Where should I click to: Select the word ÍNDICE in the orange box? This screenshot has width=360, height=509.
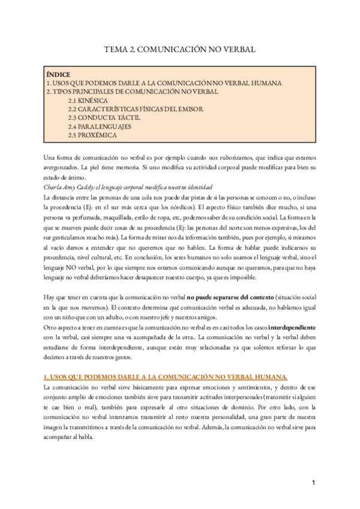(x=58, y=74)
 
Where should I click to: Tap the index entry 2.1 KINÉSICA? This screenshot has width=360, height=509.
(x=88, y=100)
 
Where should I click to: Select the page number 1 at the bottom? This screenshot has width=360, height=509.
(x=313, y=483)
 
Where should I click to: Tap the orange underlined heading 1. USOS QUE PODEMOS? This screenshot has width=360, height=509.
(x=166, y=377)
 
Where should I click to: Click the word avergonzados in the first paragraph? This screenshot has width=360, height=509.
(x=62, y=167)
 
